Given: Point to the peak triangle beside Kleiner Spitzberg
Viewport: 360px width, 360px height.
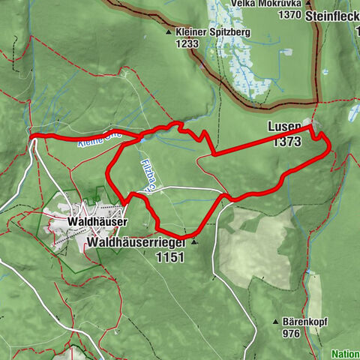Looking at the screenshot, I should (169, 33).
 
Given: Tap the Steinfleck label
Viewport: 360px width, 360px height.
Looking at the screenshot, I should (331, 14).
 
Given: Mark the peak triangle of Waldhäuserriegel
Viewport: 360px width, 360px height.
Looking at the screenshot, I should (194, 243).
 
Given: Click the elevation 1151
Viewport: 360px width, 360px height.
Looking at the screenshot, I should (170, 256).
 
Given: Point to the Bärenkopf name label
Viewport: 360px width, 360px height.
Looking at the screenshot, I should (307, 320).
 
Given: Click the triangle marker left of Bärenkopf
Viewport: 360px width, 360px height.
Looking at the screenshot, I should (276, 320).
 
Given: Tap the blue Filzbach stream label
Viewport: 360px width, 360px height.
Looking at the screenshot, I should (147, 177).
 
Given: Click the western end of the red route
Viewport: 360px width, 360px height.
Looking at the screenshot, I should (33, 135).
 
